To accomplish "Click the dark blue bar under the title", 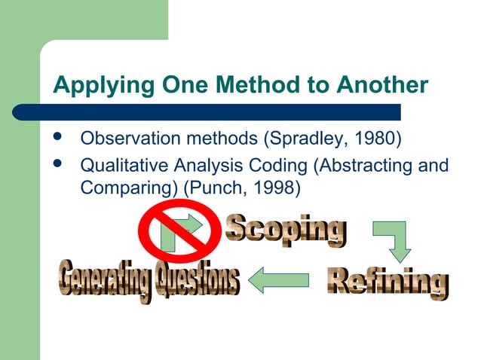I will coord(226,112).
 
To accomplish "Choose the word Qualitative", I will coord(118,164).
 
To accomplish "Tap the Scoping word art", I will coord(286,230).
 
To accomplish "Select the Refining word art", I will coord(388,281).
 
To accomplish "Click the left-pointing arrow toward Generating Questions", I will coord(278,281).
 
